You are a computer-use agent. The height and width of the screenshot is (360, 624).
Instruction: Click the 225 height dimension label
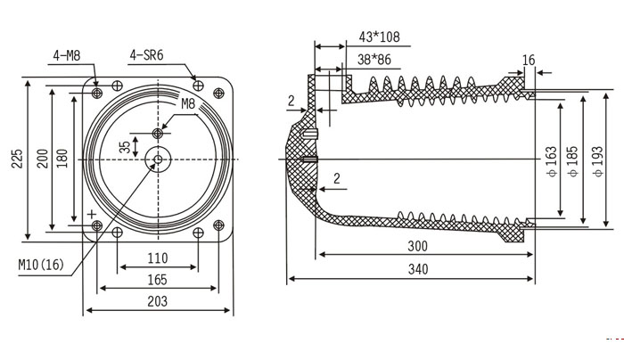pyautogui.click(x=16, y=160)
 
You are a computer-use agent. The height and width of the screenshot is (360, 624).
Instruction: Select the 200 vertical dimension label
pyautogui.click(x=41, y=160)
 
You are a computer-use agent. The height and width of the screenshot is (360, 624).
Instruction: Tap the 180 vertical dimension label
pyautogui.click(x=62, y=160)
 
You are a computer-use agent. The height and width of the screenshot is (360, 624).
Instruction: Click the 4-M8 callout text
pyautogui.click(x=67, y=55)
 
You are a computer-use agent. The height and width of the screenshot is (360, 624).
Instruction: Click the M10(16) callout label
pyautogui.click(x=41, y=265)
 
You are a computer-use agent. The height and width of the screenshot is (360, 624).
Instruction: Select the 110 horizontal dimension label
pyautogui.click(x=158, y=258)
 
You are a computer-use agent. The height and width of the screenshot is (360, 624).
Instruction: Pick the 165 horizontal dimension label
pyautogui.click(x=158, y=280)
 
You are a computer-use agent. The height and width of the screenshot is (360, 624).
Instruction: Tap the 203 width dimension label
pyautogui.click(x=158, y=302)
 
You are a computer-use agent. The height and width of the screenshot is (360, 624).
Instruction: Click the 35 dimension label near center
pyautogui.click(x=124, y=148)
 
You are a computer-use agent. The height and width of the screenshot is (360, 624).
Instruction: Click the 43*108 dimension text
pyautogui.click(x=377, y=37)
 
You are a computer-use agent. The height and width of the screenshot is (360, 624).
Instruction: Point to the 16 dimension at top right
pyautogui.click(x=529, y=60)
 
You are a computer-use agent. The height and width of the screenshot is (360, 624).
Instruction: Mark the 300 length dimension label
pyautogui.click(x=417, y=246)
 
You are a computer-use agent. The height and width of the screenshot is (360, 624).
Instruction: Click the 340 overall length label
pyautogui.click(x=417, y=269)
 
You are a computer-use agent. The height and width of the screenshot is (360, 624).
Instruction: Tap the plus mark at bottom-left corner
pyautogui.click(x=91, y=214)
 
